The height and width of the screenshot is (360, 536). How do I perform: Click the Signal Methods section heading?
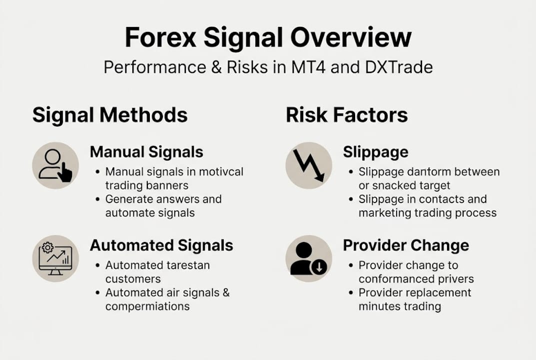click(110, 115)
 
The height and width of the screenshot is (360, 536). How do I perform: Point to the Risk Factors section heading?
click(347, 115)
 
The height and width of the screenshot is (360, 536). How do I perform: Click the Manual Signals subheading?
click(146, 152)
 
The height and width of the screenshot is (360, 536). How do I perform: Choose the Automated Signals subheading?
click(161, 245)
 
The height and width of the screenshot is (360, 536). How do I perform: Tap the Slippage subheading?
click(376, 152)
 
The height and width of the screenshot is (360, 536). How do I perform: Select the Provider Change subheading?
click(406, 245)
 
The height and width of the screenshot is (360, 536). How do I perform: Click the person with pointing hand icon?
click(55, 165)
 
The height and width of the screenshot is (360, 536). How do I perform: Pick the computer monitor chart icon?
click(55, 258)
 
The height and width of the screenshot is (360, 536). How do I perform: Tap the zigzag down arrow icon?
click(309, 165)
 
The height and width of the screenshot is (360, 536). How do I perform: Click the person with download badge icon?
click(309, 258)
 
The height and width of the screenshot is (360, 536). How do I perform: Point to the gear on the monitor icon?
click(48, 247)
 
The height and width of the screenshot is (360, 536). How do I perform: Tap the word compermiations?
click(147, 306)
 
